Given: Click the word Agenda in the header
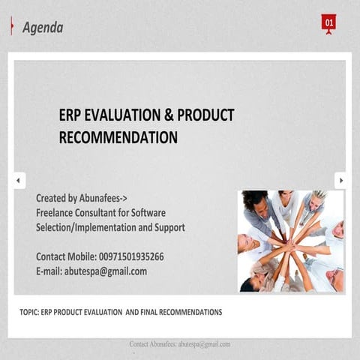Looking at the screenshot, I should [43, 28].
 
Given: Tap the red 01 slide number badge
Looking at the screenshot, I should [328, 23].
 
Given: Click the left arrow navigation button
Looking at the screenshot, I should [18, 181].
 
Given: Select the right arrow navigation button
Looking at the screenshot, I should [340, 181].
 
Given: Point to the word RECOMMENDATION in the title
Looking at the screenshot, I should [118, 137].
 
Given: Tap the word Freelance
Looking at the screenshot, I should [56, 212].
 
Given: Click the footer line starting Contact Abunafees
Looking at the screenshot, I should [179, 344].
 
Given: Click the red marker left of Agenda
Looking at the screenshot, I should [12, 28].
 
